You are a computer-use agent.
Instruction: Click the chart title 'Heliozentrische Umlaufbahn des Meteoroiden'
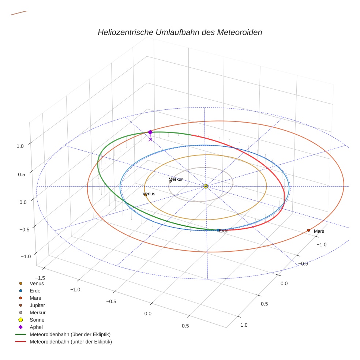point(180,32)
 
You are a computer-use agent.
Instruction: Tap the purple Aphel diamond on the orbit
point(150,132)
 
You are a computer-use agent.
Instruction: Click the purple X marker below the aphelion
point(150,139)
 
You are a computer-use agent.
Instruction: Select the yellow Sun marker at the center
point(206,186)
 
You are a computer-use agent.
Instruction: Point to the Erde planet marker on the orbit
point(218,230)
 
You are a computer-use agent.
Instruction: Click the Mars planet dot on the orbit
point(308,230)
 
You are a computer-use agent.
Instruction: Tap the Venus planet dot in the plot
point(145,195)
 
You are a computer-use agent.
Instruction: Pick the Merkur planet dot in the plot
point(170,181)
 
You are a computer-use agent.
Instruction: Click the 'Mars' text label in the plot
point(319,231)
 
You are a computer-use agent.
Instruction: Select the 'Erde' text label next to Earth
point(224,231)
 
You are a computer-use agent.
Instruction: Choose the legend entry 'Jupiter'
point(37,305)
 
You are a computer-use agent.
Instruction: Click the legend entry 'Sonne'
point(37,320)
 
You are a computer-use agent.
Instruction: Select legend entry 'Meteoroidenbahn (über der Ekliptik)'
point(70,334)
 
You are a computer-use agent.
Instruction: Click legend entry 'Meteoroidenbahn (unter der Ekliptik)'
point(71,342)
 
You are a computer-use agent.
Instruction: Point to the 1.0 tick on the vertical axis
point(20,146)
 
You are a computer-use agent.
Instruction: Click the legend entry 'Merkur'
point(38,312)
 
